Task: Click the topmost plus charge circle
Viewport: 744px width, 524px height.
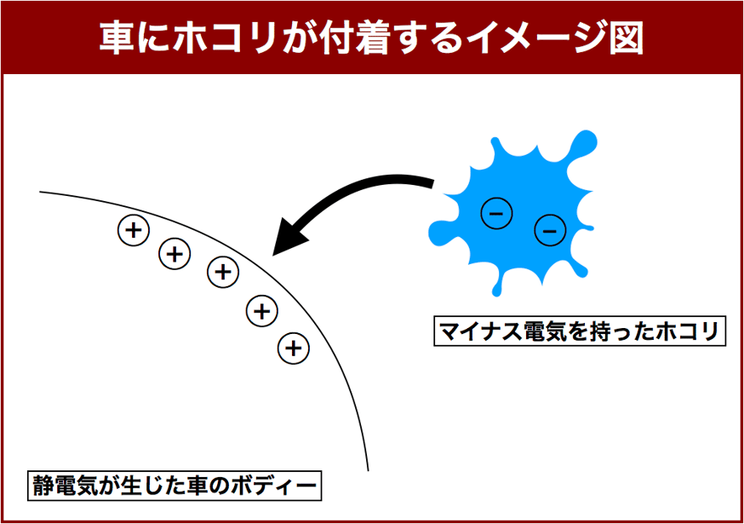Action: pos(134,230)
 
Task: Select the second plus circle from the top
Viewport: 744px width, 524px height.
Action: pos(175,254)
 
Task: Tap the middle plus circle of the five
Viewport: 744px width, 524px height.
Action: pos(223,272)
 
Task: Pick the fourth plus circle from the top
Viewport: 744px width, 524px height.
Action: pos(262,311)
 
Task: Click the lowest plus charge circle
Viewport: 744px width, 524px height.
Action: pos(294,348)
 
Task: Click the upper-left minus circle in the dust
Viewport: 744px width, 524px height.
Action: pos(496,213)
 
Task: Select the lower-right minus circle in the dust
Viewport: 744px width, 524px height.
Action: pos(550,230)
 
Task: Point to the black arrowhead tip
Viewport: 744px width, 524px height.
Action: pos(273,256)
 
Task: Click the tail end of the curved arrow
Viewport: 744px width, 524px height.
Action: pos(432,183)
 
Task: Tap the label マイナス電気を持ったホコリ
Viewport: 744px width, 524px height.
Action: pos(580,331)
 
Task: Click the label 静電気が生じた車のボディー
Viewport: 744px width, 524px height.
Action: pos(175,486)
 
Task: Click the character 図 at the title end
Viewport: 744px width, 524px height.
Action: pos(627,37)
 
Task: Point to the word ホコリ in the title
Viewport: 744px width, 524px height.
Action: pos(226,37)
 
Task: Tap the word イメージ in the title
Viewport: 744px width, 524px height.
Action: pos(538,37)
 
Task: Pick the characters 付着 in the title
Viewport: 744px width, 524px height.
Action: pos(356,37)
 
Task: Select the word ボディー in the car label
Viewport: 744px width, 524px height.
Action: pos(273,486)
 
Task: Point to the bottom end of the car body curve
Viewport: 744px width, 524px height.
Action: pos(369,471)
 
